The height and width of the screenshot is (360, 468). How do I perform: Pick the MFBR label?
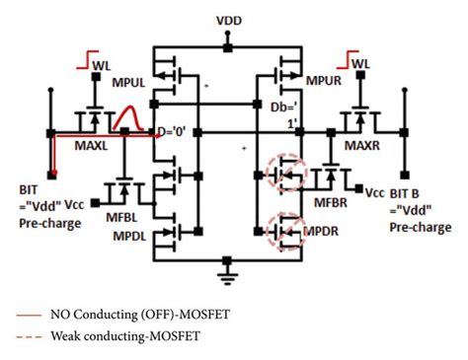point(331,202)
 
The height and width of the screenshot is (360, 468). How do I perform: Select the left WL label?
point(102,65)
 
